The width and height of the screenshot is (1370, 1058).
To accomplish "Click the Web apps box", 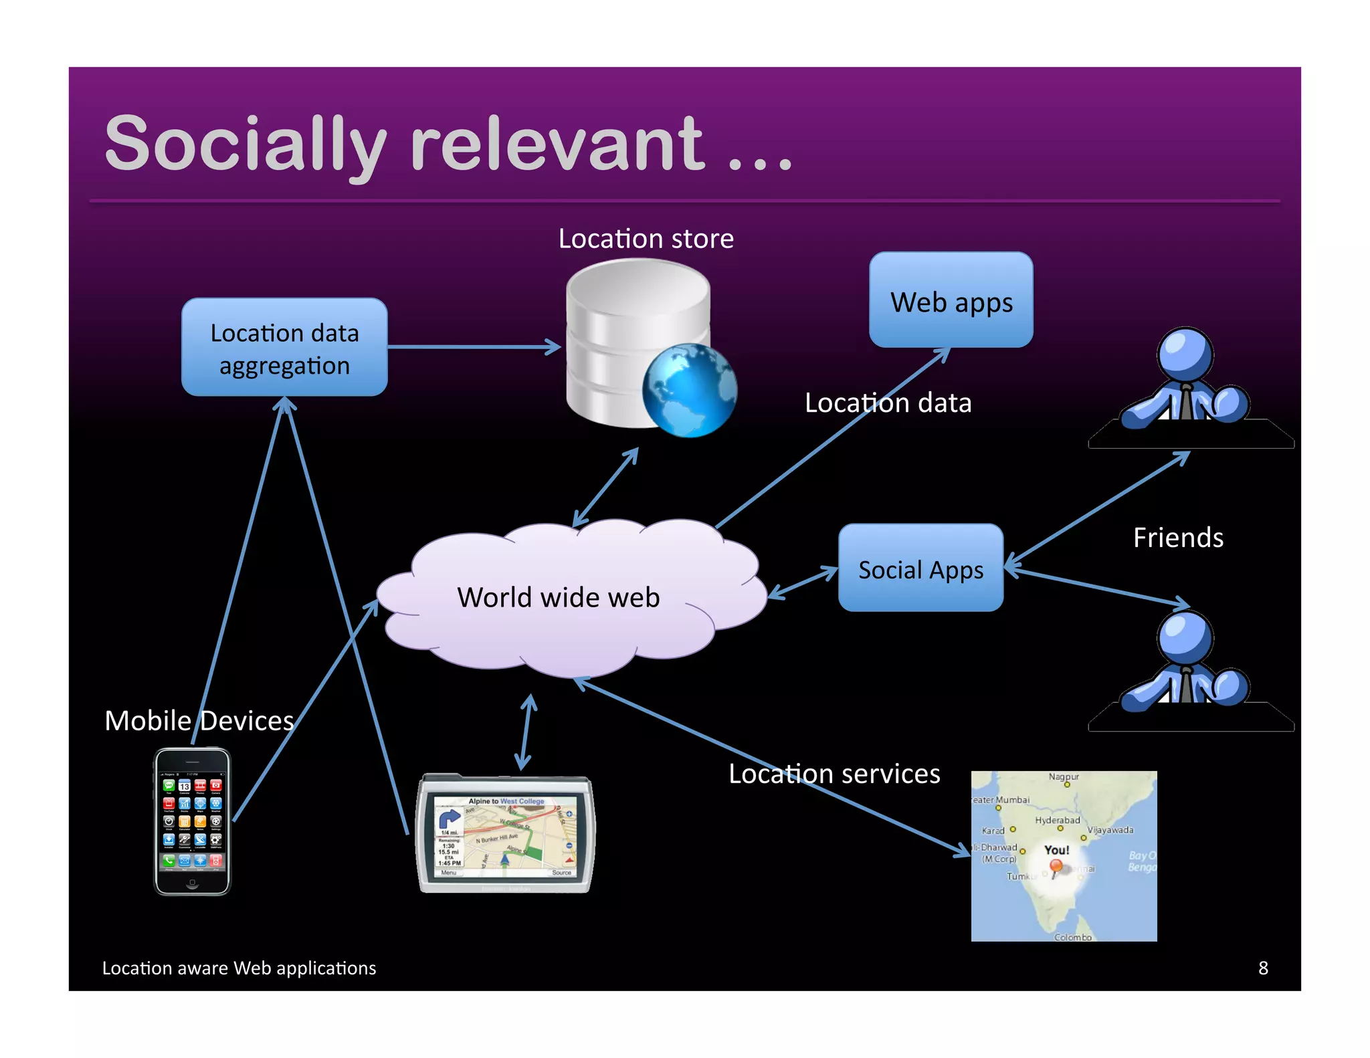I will point(951,300).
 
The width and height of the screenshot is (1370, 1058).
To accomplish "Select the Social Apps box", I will point(920,568).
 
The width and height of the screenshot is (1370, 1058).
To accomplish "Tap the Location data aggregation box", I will point(284,348).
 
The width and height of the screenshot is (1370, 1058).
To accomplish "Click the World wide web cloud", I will point(559,597).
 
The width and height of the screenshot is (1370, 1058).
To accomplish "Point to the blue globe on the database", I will point(689,391).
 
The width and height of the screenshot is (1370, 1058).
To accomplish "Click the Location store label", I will point(646,239).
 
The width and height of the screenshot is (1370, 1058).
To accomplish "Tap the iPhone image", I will point(193,821).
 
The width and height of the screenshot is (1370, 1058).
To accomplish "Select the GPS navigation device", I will point(505,835).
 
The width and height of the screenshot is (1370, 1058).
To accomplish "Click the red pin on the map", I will point(1056,867).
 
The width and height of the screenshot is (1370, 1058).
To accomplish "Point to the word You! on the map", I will point(1056,850).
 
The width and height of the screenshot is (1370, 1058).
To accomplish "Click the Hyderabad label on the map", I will point(1057,820).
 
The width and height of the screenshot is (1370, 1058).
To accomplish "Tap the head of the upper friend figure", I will point(1185,353).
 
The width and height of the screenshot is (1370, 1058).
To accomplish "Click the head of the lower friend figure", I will point(1185,637).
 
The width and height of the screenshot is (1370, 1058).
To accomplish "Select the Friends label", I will point(1178,538).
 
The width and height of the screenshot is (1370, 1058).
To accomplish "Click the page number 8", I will point(1262,968).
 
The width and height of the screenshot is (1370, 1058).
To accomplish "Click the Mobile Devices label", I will point(199,721).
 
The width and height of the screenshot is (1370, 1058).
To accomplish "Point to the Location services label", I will point(834,774).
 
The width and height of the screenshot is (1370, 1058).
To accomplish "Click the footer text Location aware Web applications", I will point(239,968).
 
